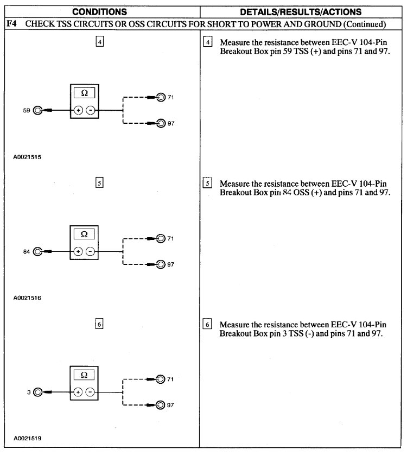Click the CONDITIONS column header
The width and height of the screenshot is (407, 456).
[x=100, y=11]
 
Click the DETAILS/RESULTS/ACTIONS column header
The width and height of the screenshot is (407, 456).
[x=301, y=11]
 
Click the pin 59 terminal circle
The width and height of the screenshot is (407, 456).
[x=37, y=110]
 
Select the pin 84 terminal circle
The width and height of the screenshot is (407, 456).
[x=37, y=251]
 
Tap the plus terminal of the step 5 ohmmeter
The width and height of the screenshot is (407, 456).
[x=78, y=251]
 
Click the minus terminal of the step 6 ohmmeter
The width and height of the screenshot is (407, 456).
[x=90, y=392]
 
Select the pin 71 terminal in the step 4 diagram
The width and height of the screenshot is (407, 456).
[x=161, y=98]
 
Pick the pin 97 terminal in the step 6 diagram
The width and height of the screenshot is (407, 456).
[x=161, y=404]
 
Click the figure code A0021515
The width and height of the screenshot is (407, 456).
[x=28, y=157]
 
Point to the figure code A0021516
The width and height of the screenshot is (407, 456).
[x=28, y=298]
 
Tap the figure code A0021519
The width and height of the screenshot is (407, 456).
[x=28, y=438]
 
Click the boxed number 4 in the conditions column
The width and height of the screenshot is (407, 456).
[x=99, y=42]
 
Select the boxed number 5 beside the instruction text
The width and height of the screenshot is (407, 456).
[x=207, y=183]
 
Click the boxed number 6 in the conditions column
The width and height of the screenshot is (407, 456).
[x=99, y=324]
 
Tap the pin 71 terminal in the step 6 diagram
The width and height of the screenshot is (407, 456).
[x=161, y=379]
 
